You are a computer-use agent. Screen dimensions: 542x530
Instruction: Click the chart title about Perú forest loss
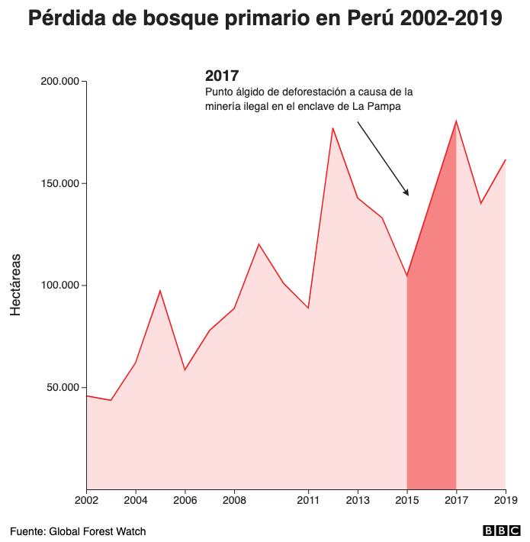pyautogui.click(x=265, y=19)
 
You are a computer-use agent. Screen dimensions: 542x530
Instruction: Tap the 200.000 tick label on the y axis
pyautogui.click(x=59, y=82)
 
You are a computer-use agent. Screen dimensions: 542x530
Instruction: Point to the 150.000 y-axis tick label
pyautogui.click(x=59, y=184)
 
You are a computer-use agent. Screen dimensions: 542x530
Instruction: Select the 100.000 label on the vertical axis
pyautogui.click(x=59, y=286)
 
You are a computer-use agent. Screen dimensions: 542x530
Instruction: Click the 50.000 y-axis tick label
pyautogui.click(x=61, y=388)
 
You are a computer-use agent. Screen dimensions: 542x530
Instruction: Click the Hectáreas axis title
pyautogui.click(x=16, y=285)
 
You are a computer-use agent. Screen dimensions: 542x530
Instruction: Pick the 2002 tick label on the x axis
pyautogui.click(x=86, y=501)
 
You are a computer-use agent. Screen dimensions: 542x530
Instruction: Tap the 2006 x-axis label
pyautogui.click(x=185, y=501)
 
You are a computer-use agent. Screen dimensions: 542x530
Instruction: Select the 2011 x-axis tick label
pyautogui.click(x=308, y=501)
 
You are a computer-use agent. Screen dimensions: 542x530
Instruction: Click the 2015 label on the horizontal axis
pyautogui.click(x=407, y=501)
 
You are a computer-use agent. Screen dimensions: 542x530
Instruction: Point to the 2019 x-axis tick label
pyautogui.click(x=506, y=501)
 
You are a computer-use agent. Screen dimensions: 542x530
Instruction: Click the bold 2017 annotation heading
pyautogui.click(x=222, y=76)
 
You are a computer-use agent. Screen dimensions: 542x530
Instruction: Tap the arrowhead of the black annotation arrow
pyautogui.click(x=407, y=193)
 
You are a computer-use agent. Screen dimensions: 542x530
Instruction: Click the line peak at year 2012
pyautogui.click(x=332, y=127)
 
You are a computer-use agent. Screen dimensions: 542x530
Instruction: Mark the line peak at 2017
pyautogui.click(x=456, y=121)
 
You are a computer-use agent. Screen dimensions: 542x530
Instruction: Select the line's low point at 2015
pyautogui.click(x=407, y=276)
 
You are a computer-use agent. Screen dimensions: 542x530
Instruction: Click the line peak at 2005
pyautogui.click(x=160, y=290)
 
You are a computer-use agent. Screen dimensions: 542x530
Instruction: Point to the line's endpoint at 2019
pyautogui.click(x=506, y=160)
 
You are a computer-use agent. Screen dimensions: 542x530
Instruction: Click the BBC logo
pyautogui.click(x=501, y=531)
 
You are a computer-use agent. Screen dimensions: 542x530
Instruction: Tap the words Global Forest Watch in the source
pyautogui.click(x=97, y=531)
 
